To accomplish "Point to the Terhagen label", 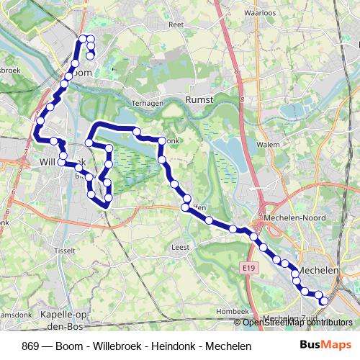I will coord(145,102).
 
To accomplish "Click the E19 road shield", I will coord(248,268).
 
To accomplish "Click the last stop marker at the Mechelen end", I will coord(323,301).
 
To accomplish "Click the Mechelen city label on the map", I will coord(318,269).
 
